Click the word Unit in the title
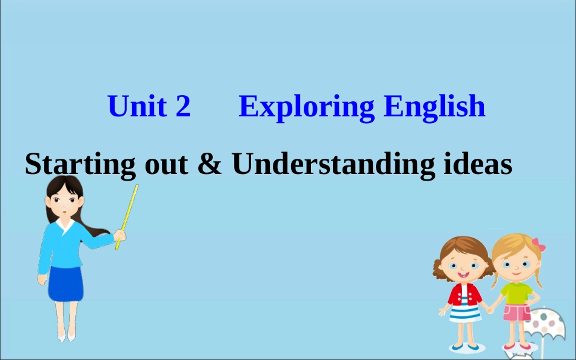point(138,107)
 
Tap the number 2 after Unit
point(183,107)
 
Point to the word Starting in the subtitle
point(80,164)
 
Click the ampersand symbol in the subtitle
point(210,164)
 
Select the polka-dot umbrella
point(549,325)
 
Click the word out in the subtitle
point(166,164)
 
